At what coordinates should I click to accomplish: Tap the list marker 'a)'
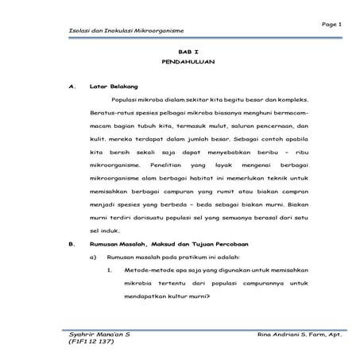tap(93, 257)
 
